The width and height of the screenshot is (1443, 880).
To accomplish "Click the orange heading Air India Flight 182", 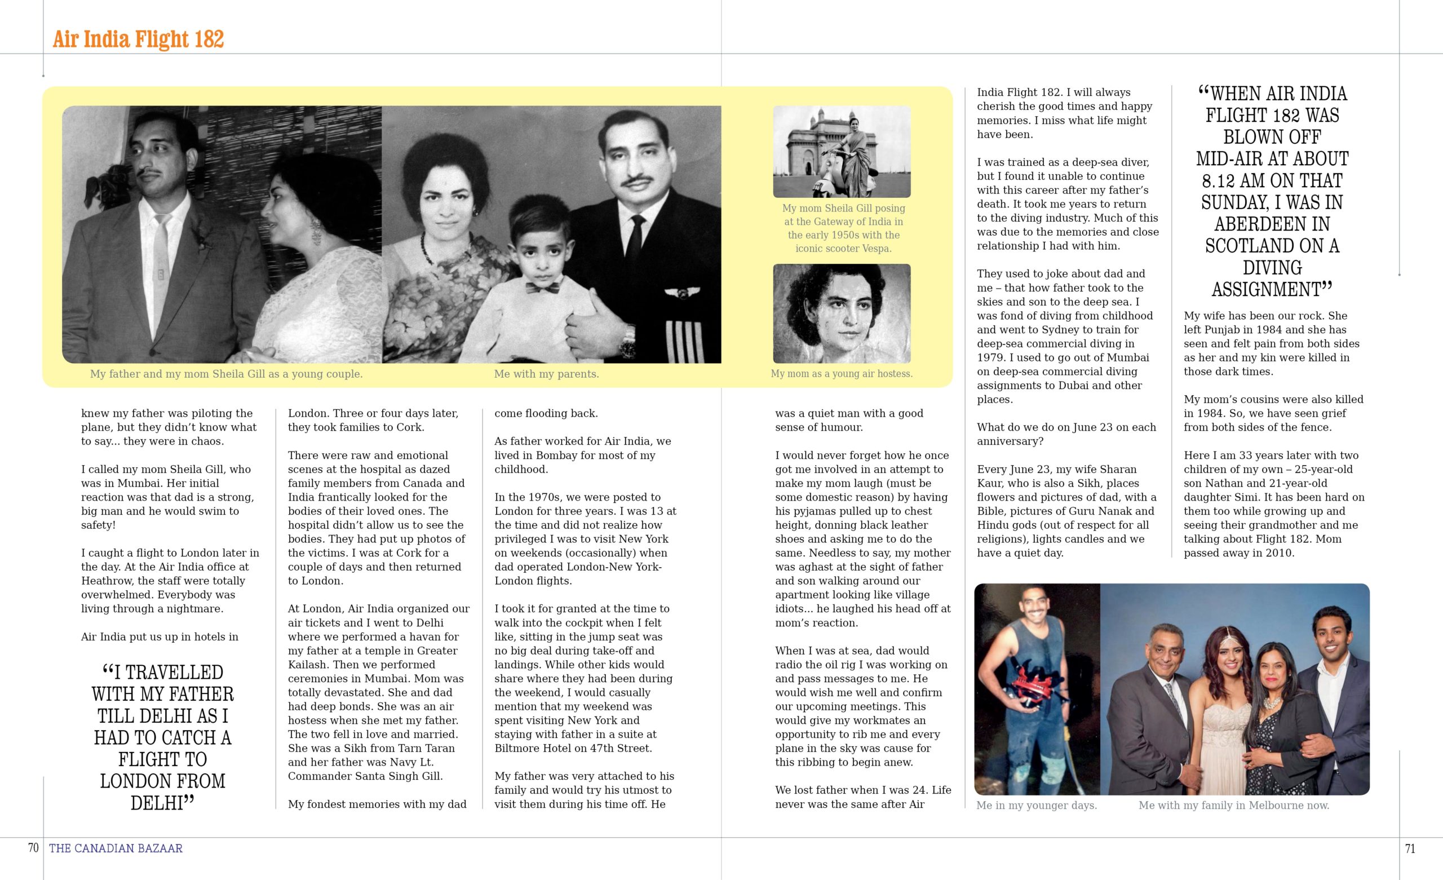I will [x=138, y=39].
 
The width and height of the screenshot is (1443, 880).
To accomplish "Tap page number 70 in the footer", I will [x=33, y=848].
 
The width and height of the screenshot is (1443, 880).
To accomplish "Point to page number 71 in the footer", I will [x=1410, y=848].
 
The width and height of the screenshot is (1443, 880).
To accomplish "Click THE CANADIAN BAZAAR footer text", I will [x=116, y=848].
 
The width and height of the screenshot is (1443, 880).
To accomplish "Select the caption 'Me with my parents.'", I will [x=546, y=374].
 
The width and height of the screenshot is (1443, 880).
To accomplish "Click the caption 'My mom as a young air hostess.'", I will [x=842, y=374].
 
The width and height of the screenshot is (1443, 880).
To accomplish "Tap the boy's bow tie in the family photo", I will [x=541, y=287].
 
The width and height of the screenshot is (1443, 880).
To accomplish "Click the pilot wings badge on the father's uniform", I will [x=681, y=293].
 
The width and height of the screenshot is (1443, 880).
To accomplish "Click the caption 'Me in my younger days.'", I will [x=1037, y=806].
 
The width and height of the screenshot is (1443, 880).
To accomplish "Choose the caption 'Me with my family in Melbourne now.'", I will [x=1234, y=806].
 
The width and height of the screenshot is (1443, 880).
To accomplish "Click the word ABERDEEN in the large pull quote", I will [x=1272, y=224].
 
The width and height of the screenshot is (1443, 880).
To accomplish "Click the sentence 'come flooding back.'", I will [x=546, y=413].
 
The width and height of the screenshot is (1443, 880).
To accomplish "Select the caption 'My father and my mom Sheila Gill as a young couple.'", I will [x=226, y=374].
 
